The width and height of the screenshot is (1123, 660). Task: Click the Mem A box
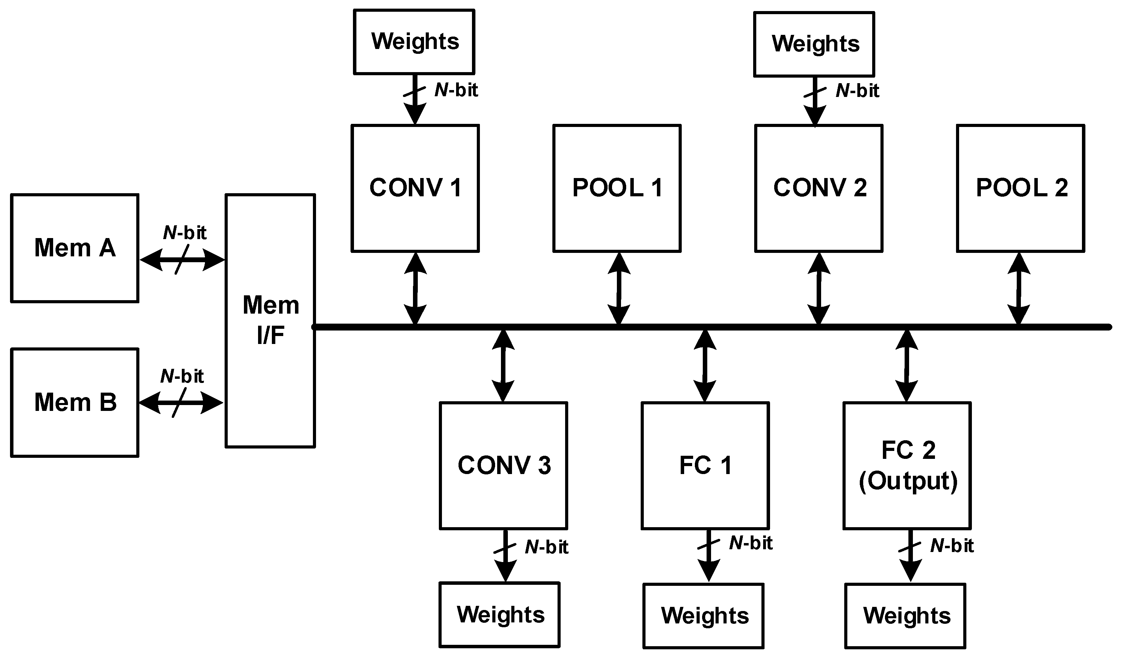point(75,248)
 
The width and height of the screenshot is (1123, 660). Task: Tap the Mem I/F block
point(270,321)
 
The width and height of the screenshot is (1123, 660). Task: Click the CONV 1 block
point(415,188)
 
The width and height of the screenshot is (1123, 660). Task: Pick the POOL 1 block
point(617,188)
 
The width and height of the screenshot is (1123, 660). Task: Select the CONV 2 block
point(819,188)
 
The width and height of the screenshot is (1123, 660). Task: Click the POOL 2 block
point(1021,188)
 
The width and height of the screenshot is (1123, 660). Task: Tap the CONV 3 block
point(504,466)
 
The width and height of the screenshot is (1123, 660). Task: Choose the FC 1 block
point(706,466)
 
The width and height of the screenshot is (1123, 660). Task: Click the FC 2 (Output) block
point(907,466)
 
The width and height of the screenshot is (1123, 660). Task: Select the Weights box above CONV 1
point(414,41)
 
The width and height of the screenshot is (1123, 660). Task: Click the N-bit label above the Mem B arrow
point(182,376)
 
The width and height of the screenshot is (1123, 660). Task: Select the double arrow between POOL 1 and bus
point(619,289)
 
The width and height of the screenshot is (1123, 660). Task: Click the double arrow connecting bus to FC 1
point(705,365)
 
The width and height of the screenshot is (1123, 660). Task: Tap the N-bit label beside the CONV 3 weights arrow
point(547,547)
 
